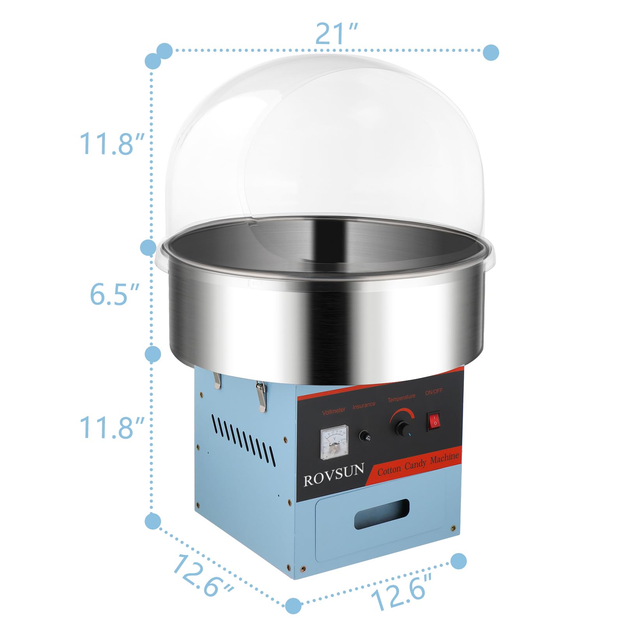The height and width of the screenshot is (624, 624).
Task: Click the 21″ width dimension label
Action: (336, 34)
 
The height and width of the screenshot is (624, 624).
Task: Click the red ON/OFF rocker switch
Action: (434, 420)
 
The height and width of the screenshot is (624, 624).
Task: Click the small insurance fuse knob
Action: (365, 436)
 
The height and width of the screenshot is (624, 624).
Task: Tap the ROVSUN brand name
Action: (334, 474)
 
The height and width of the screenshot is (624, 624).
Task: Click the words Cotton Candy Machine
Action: (418, 464)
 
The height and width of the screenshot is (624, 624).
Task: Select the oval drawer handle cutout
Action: (381, 514)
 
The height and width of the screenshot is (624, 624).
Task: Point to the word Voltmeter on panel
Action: (333, 411)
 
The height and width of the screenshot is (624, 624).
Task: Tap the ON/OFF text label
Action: (434, 392)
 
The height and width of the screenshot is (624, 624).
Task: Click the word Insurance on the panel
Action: (364, 406)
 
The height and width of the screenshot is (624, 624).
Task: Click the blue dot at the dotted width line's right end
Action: (491, 52)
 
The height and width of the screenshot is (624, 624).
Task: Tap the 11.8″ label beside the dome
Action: (112, 144)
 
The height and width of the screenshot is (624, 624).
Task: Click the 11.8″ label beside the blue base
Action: (112, 427)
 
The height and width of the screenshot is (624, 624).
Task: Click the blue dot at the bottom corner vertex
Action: (293, 606)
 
